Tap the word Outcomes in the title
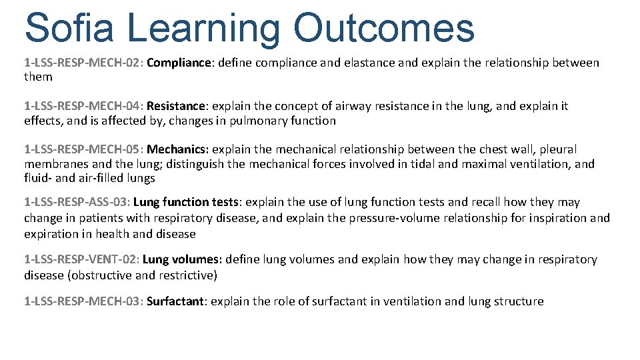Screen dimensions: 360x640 coord(383,28)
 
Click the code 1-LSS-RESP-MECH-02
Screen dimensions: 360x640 coord(83,63)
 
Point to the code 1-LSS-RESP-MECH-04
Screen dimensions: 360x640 coord(83,106)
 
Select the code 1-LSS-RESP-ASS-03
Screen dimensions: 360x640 coord(77,202)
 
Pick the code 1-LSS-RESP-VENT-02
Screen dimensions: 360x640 coord(81,259)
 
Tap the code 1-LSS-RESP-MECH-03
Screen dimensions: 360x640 coord(83,301)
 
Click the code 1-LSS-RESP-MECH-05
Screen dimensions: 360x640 coord(83,149)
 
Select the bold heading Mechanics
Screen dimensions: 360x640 coord(176,149)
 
